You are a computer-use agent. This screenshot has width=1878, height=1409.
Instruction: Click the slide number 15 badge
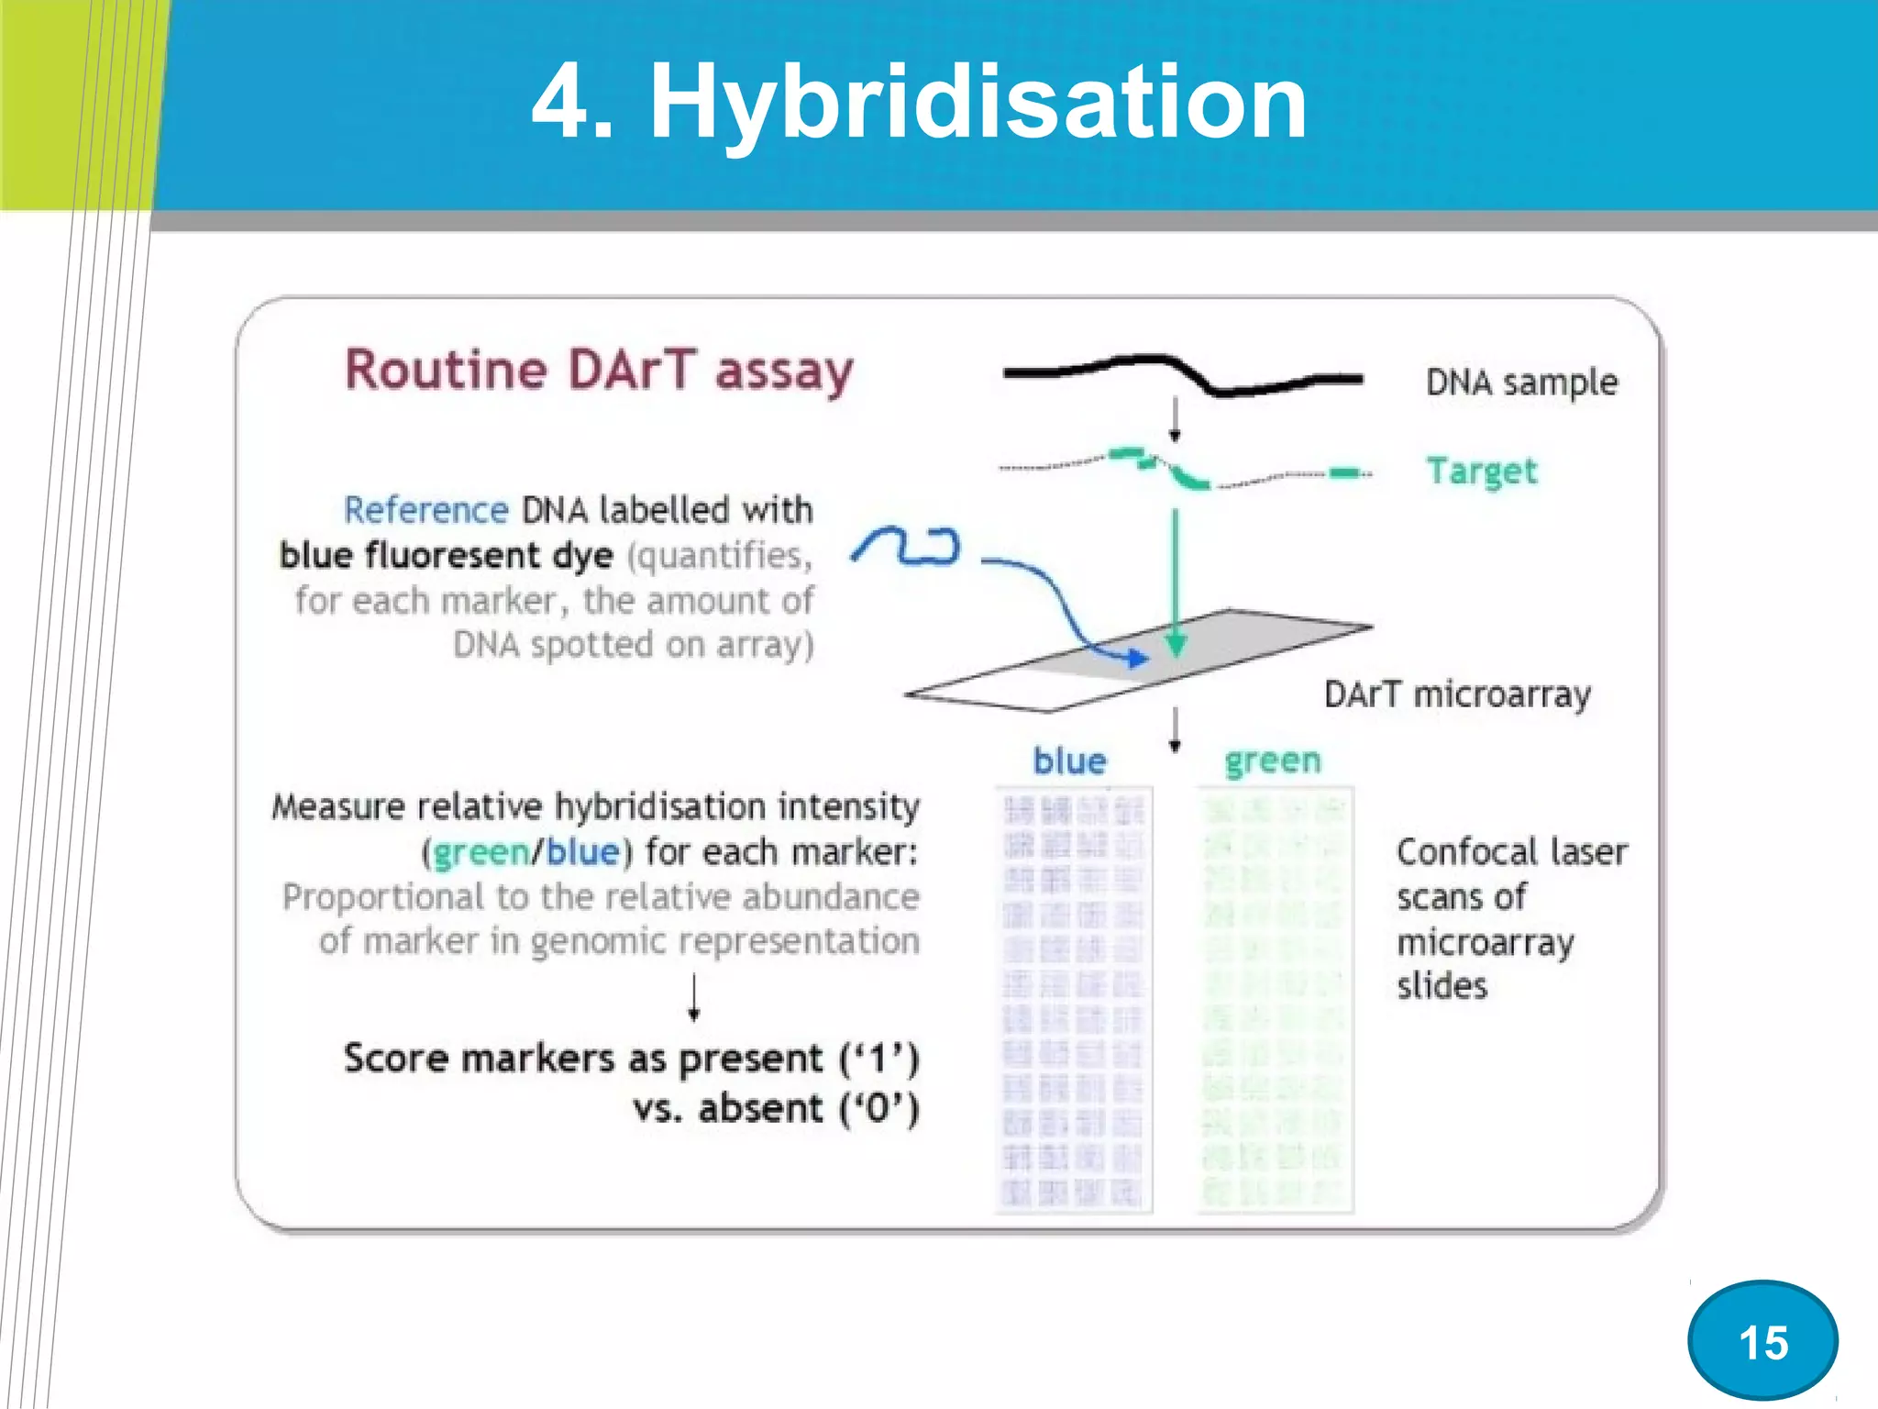pos(1762,1341)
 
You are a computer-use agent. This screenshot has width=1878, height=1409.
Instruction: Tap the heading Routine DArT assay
pos(599,371)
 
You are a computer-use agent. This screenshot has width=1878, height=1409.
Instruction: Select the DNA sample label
pos(1520,383)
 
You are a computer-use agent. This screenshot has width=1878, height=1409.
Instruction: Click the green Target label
pos(1481,471)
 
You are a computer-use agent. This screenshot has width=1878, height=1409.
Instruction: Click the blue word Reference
pos(425,510)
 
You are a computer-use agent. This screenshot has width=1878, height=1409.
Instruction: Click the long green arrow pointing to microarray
pos(1176,578)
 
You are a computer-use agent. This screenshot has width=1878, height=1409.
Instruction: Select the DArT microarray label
pos(1456,694)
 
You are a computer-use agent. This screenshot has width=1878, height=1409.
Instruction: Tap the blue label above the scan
pos(1069,761)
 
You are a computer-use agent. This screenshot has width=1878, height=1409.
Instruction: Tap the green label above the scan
pos(1272,760)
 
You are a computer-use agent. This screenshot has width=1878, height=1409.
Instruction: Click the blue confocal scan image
pos(1073,1000)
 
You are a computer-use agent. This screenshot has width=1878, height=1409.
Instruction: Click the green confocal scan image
pos(1275,1000)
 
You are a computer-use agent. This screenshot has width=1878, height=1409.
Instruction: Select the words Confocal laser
pos(1511,852)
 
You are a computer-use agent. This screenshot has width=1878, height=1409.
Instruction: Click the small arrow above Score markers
pos(694,997)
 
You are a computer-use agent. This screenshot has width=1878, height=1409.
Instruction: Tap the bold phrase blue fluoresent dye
pos(446,556)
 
